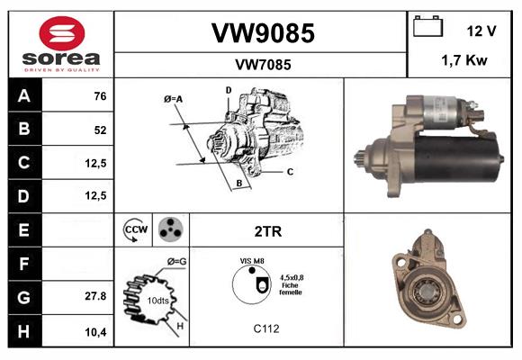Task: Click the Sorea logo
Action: [60, 44]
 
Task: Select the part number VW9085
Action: [262, 33]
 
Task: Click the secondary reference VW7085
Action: [262, 64]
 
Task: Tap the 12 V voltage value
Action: [481, 31]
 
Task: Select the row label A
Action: [24, 96]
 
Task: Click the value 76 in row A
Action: [100, 96]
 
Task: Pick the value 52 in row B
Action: [100, 130]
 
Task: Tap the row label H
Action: [24, 331]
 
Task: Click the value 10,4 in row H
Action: [95, 331]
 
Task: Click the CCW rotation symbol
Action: [134, 230]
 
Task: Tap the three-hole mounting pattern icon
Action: [169, 229]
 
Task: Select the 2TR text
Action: [268, 231]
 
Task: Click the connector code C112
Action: [265, 328]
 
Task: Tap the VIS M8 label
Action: [252, 261]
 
